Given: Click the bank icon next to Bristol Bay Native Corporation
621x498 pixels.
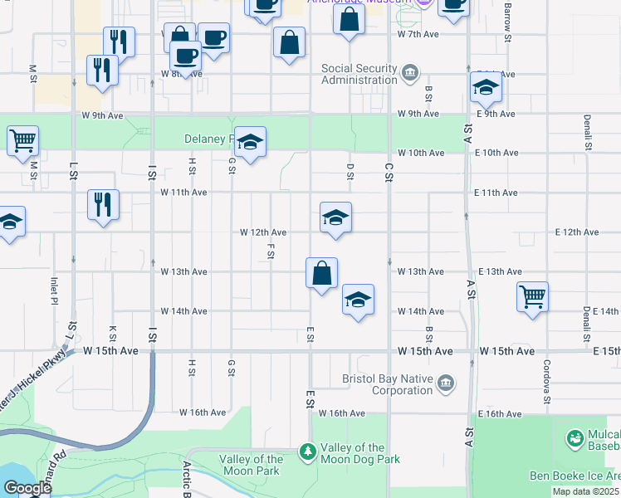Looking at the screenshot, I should point(446,383).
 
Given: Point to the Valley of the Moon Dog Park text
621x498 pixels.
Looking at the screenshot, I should point(359,453).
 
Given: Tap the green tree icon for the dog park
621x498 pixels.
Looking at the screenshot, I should point(309,451).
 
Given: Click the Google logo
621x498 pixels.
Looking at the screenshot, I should point(27,488).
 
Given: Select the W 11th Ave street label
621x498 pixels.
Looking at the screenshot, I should point(183,192).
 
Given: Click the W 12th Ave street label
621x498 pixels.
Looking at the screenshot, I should point(263,232).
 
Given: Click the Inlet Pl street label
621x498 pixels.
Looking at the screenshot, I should point(55,290).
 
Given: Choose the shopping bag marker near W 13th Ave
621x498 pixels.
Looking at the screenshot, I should point(321,273).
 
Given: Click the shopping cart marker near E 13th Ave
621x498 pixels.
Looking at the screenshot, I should point(532,296).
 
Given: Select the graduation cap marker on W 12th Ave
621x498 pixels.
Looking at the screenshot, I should point(335,218).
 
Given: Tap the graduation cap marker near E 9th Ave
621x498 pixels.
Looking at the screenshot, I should point(485,87).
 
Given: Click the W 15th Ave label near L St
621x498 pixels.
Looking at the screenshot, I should point(110,351).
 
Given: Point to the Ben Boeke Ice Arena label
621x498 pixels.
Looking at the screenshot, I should point(575,476).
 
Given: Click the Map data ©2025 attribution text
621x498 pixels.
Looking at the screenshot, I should point(584,491).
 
